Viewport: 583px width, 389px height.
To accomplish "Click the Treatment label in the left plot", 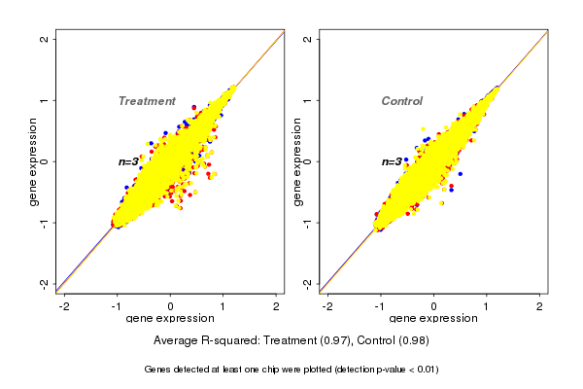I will (147, 101).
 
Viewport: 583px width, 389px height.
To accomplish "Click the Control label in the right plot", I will (402, 101).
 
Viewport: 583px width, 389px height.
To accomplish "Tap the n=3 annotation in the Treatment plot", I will (129, 161).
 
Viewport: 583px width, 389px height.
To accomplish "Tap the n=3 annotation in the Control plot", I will (392, 161).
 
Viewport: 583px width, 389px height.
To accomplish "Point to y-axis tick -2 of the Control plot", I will (308, 284).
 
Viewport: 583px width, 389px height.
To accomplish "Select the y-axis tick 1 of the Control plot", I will (308, 100).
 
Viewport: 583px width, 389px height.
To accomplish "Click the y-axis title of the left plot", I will (33, 161).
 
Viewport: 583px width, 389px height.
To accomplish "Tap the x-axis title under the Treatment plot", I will (169, 319).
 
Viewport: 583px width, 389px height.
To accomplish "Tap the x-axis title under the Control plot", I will (431, 319).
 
